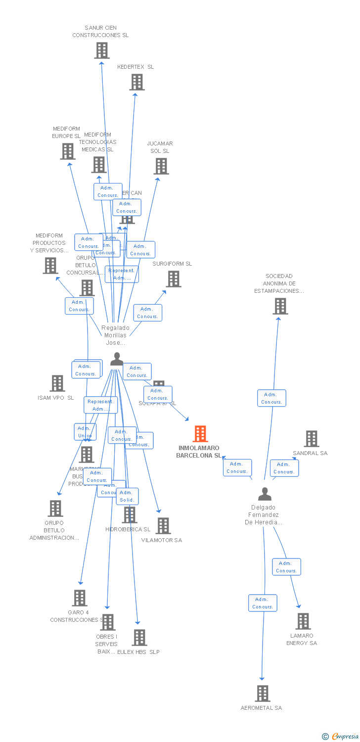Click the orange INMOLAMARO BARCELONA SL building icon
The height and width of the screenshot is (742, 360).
[x=200, y=434]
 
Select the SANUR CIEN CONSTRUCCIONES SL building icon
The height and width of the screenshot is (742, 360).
[x=102, y=50]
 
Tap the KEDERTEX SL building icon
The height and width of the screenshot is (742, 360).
[x=137, y=82]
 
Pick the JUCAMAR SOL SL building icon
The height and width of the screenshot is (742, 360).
[x=161, y=166]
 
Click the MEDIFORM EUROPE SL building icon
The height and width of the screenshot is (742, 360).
[x=68, y=151]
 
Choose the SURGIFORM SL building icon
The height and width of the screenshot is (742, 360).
[x=174, y=279]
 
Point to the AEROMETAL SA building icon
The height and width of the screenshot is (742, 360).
[x=263, y=694]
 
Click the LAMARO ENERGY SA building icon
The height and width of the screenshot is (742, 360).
[x=303, y=621]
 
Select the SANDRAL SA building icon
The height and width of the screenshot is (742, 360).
[x=312, y=439]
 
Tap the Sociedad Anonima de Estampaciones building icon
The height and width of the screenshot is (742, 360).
[x=280, y=306]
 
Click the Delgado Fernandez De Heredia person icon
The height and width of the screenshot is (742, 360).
[x=265, y=494]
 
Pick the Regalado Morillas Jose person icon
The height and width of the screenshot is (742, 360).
[x=117, y=359]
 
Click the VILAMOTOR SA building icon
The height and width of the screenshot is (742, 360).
[x=163, y=526]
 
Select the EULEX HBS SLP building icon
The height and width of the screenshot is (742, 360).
[x=139, y=638]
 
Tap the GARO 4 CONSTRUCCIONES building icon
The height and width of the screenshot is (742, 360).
[x=80, y=598]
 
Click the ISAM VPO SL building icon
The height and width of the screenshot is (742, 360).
[x=57, y=383]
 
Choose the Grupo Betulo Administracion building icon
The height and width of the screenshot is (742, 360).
[x=55, y=509]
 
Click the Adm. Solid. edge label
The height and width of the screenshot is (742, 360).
[x=127, y=496]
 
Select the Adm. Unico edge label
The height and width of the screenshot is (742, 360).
[x=85, y=432]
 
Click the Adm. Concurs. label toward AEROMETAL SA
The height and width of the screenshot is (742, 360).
[x=263, y=603]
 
